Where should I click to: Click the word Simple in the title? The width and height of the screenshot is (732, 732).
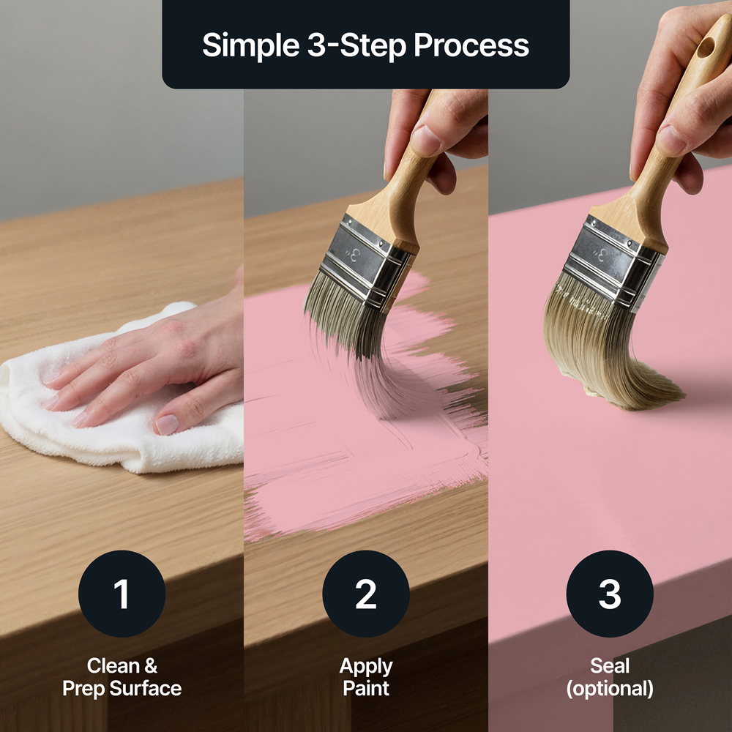(250, 45)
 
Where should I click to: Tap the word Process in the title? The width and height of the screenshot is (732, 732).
(471, 45)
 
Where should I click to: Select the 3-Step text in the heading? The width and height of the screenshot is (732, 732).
(356, 46)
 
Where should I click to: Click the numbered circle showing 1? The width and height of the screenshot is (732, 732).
(122, 594)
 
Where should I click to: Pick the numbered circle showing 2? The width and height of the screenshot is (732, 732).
(366, 594)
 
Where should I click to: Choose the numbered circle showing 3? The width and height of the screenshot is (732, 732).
(610, 594)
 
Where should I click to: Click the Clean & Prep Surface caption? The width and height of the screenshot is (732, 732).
(122, 677)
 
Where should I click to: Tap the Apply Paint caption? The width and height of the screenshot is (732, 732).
(366, 677)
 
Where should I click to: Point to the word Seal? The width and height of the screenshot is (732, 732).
(610, 665)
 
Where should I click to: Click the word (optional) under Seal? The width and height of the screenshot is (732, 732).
(610, 689)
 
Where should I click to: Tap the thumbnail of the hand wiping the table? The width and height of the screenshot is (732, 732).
(167, 425)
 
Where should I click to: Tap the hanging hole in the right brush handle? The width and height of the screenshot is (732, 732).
(706, 47)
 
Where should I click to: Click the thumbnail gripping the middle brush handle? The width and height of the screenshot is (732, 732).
(426, 141)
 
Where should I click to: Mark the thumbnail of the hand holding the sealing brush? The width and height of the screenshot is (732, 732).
(671, 140)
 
